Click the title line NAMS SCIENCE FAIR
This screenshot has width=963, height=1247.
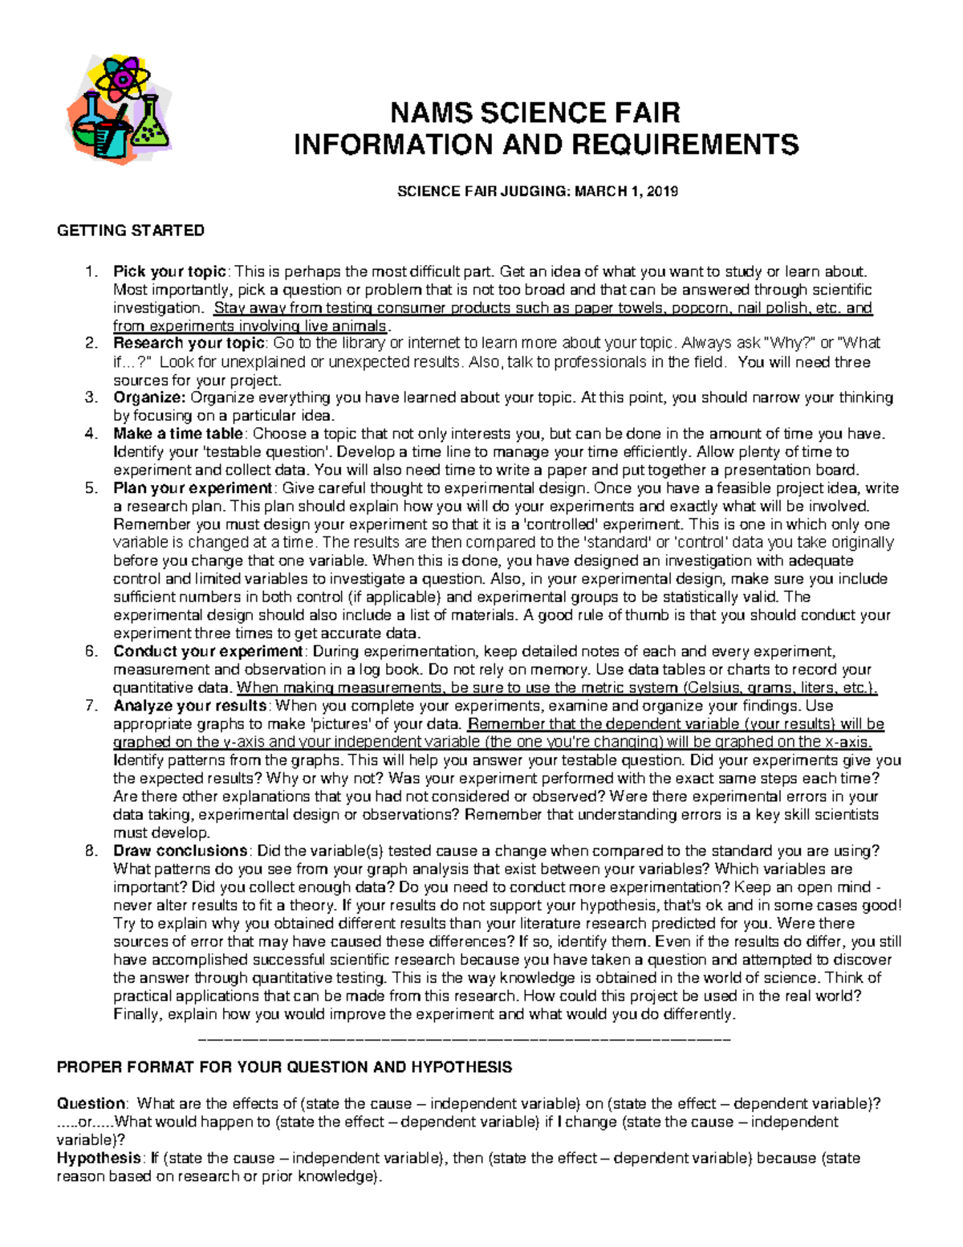(x=534, y=112)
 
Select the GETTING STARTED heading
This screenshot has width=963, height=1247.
(x=130, y=231)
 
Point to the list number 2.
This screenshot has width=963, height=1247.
(x=91, y=344)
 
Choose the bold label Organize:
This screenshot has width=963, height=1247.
(x=149, y=397)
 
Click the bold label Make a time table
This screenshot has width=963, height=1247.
(x=177, y=434)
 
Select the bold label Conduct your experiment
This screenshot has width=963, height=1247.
(x=208, y=651)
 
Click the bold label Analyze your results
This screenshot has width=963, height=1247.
(x=190, y=706)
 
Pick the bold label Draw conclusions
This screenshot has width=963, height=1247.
(x=181, y=850)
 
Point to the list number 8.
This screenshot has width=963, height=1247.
(x=91, y=851)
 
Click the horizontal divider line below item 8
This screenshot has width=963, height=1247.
(x=464, y=1040)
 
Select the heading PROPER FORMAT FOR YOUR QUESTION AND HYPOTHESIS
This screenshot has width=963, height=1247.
(x=284, y=1067)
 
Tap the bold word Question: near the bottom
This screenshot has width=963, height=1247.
(x=91, y=1103)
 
